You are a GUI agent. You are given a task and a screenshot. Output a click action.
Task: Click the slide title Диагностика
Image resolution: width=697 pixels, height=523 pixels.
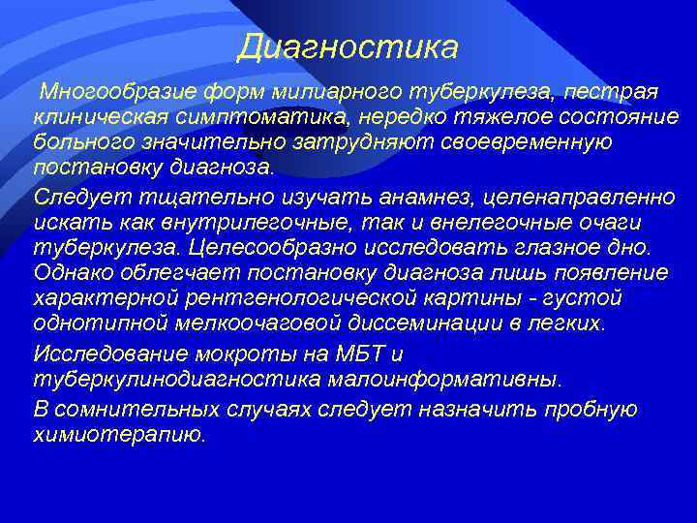(x=348, y=46)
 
